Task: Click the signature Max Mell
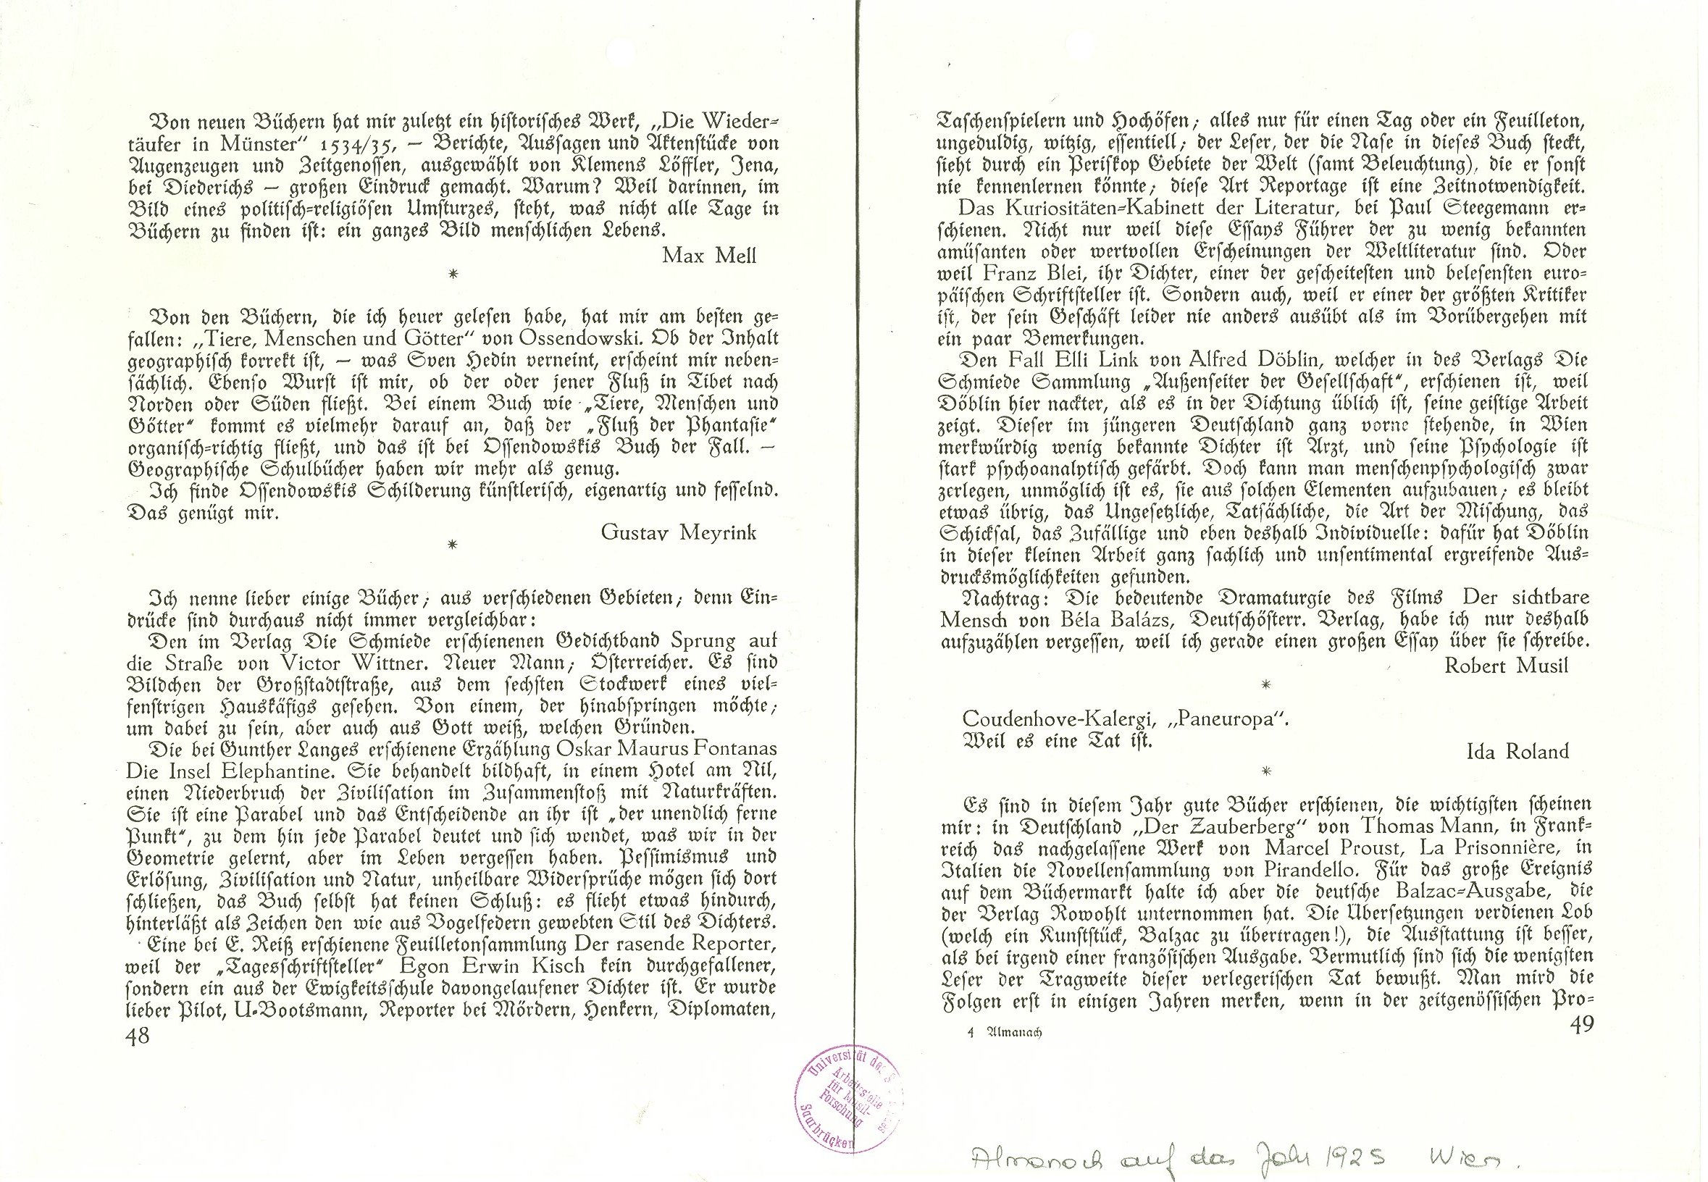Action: [709, 256]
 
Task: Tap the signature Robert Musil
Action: [1506, 665]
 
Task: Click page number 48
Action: [138, 1036]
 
